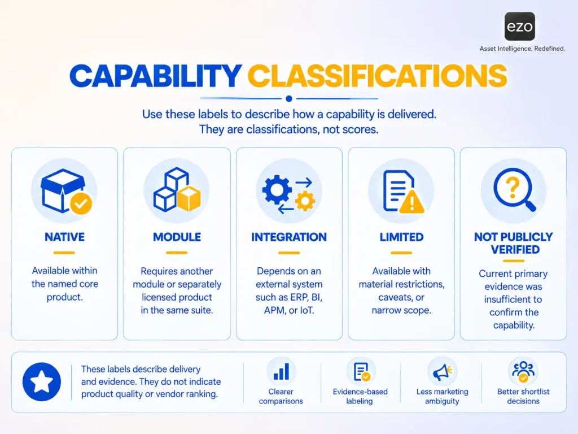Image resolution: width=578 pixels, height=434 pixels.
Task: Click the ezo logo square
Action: pos(520,26)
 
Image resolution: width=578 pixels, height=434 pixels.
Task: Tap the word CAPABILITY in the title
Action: pos(156,76)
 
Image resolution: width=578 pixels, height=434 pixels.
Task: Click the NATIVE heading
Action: pos(64,237)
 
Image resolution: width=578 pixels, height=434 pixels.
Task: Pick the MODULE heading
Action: pos(177,237)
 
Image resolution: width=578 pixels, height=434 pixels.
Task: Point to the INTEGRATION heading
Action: pos(289,237)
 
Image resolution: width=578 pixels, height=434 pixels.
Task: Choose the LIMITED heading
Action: pos(401,237)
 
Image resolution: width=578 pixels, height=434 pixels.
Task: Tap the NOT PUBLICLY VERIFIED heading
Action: pos(514,243)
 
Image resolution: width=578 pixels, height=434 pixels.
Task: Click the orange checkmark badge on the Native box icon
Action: pos(81,203)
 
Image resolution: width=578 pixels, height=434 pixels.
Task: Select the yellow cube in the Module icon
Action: pos(189,198)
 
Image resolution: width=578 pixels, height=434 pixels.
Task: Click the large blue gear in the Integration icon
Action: pos(277,189)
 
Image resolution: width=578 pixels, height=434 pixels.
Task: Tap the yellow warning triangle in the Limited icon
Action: pos(411,202)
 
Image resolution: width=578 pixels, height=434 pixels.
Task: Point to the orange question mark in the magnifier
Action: pos(513,186)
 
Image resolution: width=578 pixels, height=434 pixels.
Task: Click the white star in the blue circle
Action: pos(41,381)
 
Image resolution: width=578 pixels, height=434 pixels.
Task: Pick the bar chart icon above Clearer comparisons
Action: pos(281,372)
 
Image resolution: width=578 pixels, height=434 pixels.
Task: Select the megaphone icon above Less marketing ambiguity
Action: pos(443,372)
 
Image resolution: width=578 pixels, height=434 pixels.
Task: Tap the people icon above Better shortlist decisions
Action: pos(523,371)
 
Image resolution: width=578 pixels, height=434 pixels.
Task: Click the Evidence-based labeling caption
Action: pos(360,396)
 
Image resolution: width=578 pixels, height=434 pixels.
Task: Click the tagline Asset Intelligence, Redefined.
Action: pos(522,49)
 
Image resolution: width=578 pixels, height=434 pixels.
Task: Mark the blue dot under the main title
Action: pos(289,98)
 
